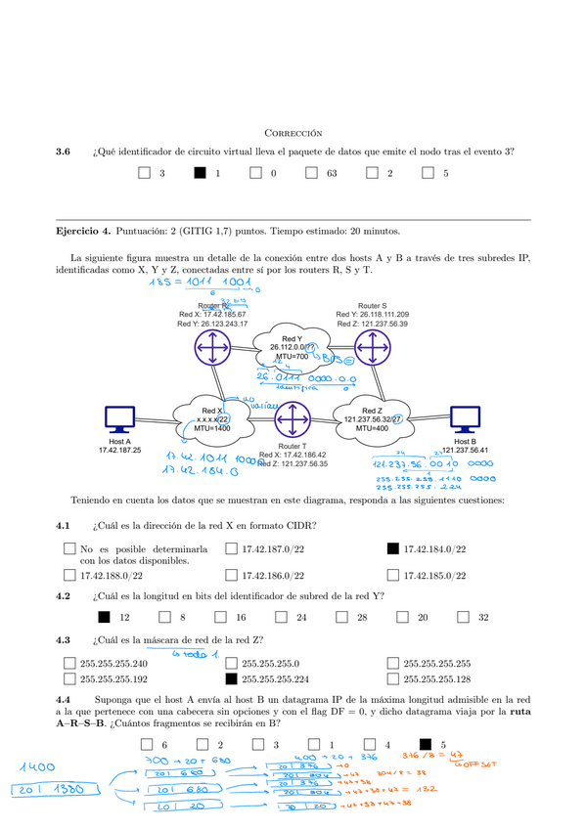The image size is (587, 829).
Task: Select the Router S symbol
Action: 372,347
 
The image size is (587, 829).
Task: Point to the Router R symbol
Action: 209,348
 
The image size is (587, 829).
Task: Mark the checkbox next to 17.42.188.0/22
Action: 68,575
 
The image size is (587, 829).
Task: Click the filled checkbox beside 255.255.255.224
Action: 231,678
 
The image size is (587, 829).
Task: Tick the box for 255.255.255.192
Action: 68,678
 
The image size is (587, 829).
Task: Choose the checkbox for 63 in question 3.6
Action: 312,173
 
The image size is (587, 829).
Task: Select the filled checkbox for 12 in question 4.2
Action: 104,617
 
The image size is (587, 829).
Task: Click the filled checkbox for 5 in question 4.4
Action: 426,744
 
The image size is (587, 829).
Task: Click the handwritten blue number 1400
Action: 35,767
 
